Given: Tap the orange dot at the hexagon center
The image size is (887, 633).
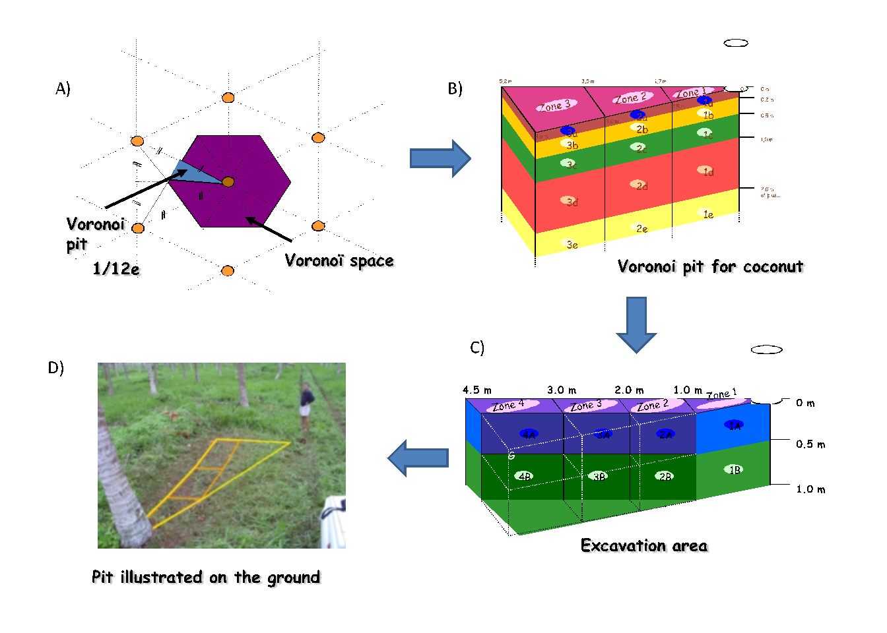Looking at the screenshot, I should (x=228, y=181).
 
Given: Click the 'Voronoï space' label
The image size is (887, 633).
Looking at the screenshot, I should (x=339, y=260).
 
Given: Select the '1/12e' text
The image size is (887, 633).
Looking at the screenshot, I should (x=116, y=268).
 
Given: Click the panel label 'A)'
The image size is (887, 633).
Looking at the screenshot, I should (x=63, y=88).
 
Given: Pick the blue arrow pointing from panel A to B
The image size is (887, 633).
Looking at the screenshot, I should (x=440, y=158).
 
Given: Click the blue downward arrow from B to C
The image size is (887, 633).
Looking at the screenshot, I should (x=636, y=324).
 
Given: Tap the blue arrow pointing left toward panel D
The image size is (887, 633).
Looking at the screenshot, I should (x=418, y=458).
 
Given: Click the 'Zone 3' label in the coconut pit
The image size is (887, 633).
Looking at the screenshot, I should (x=556, y=105).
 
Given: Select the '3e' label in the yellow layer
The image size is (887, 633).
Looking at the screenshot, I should (x=572, y=245).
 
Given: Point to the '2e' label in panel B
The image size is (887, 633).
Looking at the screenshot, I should (x=641, y=229).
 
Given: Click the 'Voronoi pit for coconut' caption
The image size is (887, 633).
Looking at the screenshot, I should (x=710, y=266).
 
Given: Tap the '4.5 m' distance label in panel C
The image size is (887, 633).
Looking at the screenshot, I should (x=477, y=390).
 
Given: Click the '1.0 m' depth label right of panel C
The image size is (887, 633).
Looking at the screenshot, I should (x=810, y=489).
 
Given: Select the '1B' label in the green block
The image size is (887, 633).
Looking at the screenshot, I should (x=735, y=469).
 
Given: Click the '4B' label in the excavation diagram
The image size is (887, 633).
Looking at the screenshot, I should (x=525, y=476).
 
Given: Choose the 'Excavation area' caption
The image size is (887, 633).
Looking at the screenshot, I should (x=643, y=545).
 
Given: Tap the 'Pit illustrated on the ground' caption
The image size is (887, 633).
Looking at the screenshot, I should (x=206, y=577).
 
